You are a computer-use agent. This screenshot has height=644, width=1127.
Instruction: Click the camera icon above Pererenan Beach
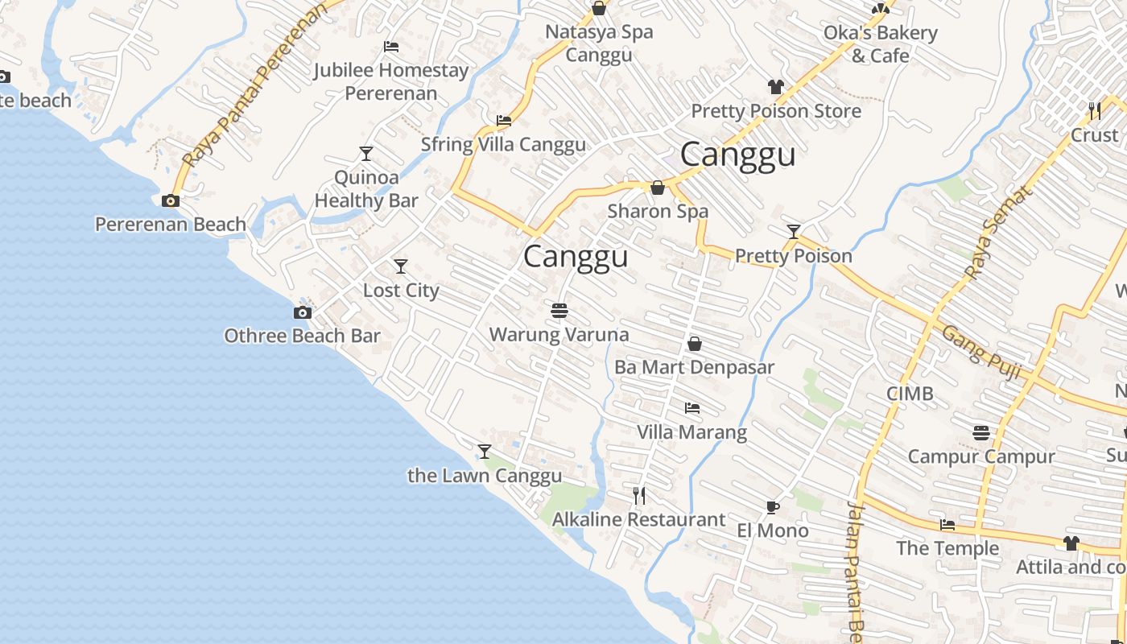click(171, 200)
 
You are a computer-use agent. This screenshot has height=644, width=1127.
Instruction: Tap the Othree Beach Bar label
click(302, 336)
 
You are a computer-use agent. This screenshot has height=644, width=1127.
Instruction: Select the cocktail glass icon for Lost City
click(401, 266)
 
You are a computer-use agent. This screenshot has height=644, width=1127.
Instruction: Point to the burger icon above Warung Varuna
click(559, 310)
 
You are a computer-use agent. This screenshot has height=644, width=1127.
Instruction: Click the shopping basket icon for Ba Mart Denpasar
click(695, 345)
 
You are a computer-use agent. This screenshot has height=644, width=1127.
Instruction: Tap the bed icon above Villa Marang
click(691, 408)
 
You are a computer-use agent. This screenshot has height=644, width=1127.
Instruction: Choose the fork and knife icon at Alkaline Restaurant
click(639, 496)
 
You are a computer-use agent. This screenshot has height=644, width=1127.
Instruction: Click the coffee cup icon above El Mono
click(773, 507)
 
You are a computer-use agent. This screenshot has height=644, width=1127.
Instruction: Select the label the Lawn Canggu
click(485, 476)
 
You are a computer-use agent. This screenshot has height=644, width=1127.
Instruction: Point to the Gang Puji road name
click(981, 353)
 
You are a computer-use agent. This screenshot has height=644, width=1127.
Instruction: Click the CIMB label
click(910, 394)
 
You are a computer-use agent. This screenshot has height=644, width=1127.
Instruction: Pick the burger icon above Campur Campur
click(980, 433)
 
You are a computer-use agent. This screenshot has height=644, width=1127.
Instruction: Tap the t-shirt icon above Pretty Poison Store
click(776, 87)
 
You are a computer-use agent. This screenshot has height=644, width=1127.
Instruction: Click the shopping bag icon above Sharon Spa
click(658, 188)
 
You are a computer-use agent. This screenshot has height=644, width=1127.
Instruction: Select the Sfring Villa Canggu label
click(504, 145)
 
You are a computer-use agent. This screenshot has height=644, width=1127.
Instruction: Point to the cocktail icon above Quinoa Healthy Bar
click(366, 153)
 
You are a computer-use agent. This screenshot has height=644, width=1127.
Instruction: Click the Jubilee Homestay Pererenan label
click(390, 81)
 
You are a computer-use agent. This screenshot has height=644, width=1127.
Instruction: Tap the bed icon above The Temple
click(947, 525)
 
